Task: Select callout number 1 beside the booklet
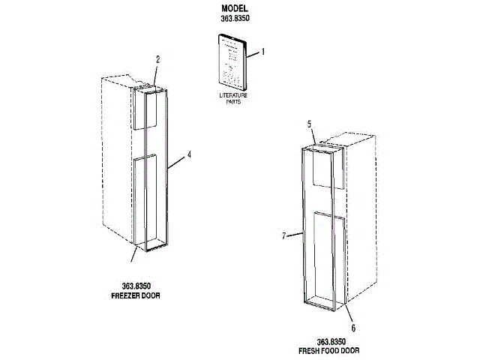tap(263, 52)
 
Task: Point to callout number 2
tap(157, 58)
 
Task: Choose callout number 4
tap(189, 155)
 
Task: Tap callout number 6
tap(353, 327)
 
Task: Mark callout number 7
tap(283, 235)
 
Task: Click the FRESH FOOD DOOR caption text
tap(328, 350)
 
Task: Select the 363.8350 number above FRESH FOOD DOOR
tap(329, 341)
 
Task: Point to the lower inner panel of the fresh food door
tap(329, 259)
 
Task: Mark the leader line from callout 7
tap(294, 234)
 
